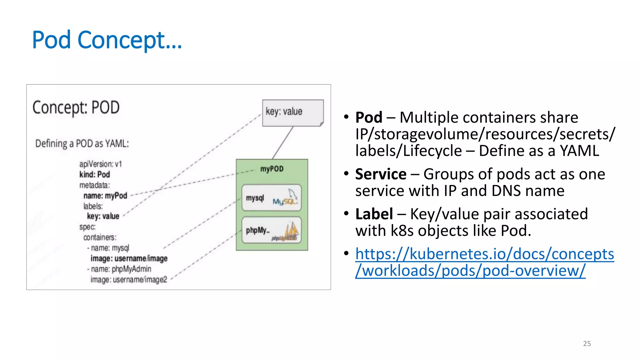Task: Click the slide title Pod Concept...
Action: coord(107,40)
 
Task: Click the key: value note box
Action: coord(292,112)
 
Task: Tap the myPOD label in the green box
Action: coord(272,169)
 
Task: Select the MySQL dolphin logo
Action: coord(285,198)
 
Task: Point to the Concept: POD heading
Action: coord(76,107)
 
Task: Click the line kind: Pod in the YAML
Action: coord(94,174)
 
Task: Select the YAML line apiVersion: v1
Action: coord(100,164)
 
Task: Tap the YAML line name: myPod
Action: coord(105,196)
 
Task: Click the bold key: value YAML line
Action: coord(103,216)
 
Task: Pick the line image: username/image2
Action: coord(128,279)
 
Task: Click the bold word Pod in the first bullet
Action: coord(369,118)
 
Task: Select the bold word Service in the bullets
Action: coord(381,174)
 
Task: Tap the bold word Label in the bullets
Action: coord(374,214)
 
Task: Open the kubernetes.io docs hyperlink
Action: coord(484,262)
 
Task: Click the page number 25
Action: coord(587,343)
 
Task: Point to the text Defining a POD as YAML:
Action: coord(82,143)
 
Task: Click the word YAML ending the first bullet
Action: coord(579,151)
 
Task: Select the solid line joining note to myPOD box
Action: coord(282,143)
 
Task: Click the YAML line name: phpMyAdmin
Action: coord(121,269)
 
